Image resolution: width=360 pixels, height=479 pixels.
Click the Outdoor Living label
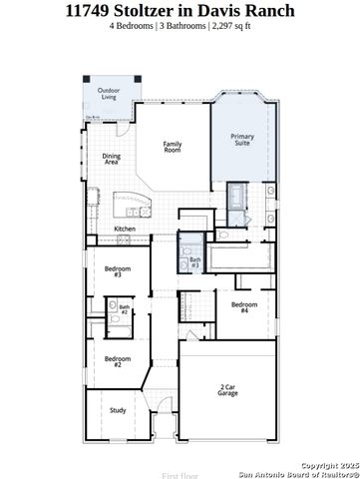[x=107, y=94]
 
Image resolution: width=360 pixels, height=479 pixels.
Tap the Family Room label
[x=173, y=146]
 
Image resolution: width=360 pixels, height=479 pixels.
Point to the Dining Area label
[x=112, y=158]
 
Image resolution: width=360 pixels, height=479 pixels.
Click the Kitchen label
[x=125, y=229]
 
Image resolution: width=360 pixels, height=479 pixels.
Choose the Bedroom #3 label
[x=117, y=271]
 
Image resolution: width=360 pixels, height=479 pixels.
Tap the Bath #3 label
[x=195, y=263]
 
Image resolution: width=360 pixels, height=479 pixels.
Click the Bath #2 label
[x=125, y=309]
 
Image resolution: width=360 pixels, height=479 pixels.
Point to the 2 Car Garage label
[x=228, y=390]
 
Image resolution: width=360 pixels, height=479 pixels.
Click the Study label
[x=117, y=409]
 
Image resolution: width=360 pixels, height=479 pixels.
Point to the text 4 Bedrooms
[x=134, y=26]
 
